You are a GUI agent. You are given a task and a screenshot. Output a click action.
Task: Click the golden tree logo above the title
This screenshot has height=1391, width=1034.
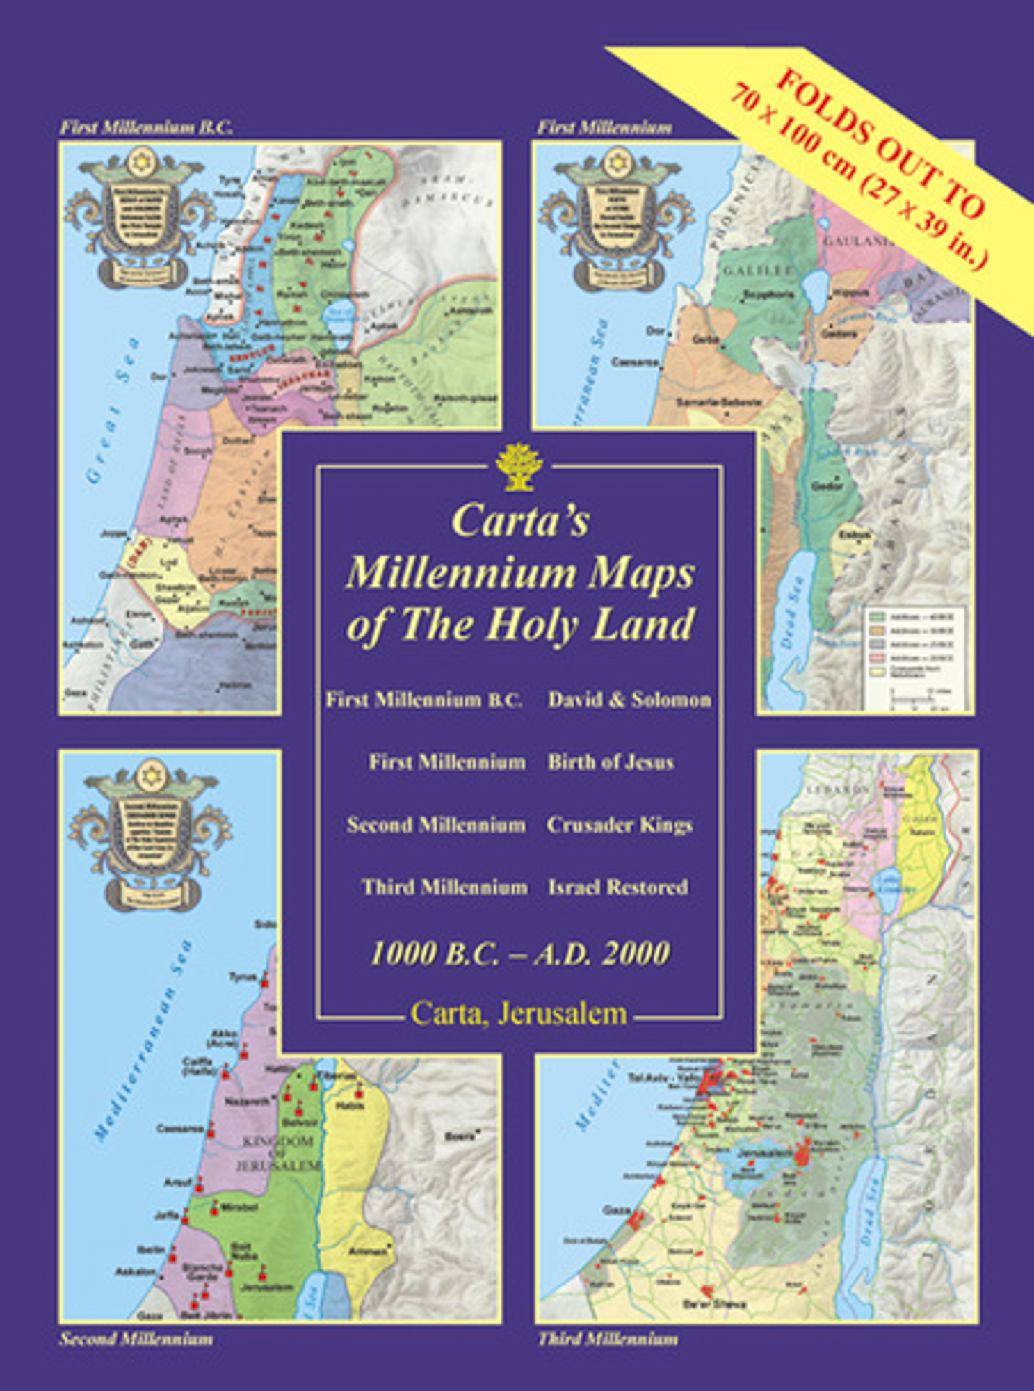pos(519,467)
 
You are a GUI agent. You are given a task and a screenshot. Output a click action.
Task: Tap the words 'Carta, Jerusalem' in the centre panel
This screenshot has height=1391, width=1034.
pos(519,1013)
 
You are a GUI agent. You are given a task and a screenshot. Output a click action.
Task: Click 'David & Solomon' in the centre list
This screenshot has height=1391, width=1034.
pos(629,700)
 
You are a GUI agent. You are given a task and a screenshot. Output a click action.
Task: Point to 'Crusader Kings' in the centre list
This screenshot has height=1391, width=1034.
pos(620,825)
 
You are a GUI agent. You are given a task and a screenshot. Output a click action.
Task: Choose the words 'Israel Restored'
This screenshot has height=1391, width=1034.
pos(618,887)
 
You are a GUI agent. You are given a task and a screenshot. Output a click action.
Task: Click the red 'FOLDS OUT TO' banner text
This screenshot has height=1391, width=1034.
pos(880,143)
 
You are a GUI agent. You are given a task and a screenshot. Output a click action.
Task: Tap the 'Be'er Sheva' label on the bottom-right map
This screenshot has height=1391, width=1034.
pos(702,1303)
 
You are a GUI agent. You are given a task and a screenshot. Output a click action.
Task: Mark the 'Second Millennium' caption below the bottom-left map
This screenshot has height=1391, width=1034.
pos(136,1338)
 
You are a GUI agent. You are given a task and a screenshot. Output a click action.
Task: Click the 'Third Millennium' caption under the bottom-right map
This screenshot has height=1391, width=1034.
pos(608,1338)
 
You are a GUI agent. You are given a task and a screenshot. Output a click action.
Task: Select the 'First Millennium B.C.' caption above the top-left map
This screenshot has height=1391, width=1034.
pos(146,127)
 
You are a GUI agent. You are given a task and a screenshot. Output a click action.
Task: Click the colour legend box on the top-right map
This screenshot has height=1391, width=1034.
pos(915,657)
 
